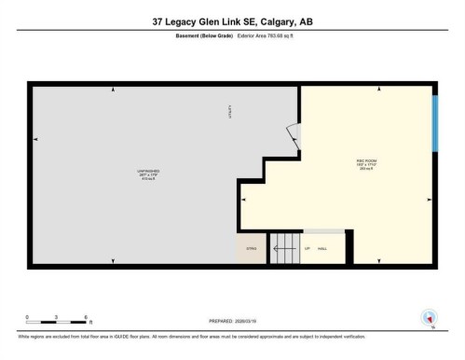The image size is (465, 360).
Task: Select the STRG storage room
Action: click(251, 248)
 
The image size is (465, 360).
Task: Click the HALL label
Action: click(322, 248)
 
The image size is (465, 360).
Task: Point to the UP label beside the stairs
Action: click(308, 248)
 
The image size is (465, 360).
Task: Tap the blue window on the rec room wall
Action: click(434, 122)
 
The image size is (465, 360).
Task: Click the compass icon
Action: click(429, 317)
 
